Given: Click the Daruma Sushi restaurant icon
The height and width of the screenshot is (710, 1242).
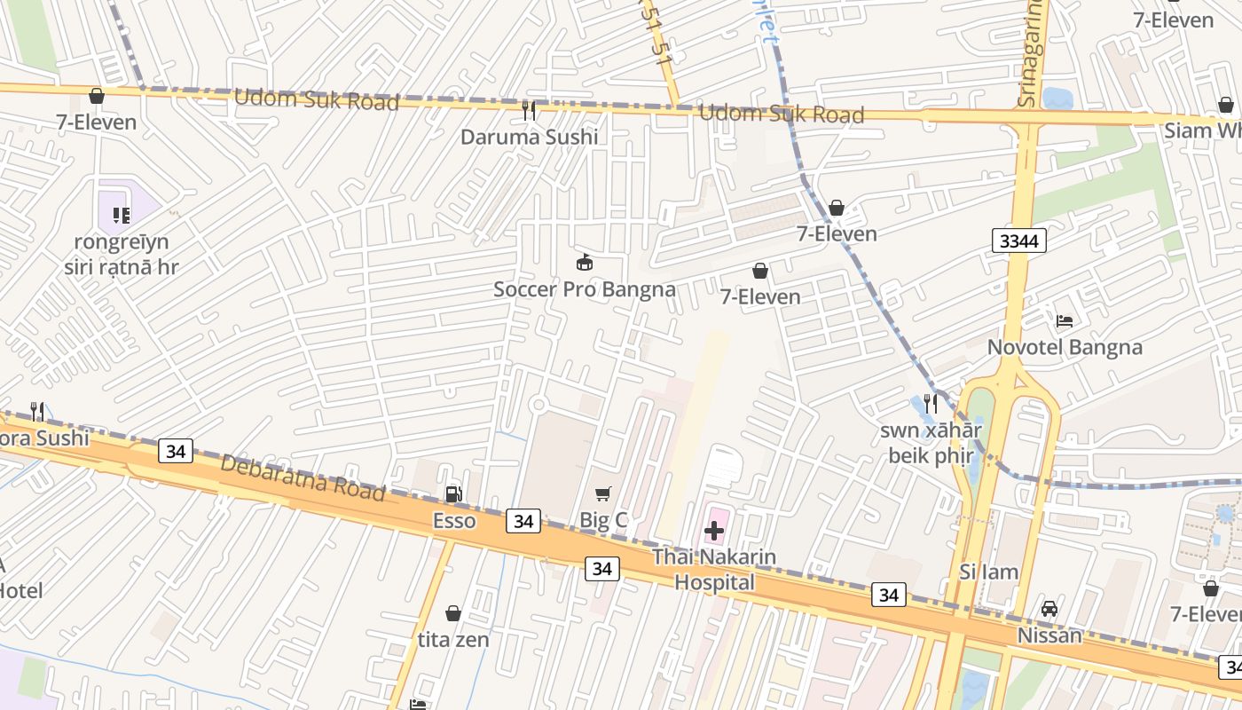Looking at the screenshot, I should click(529, 110).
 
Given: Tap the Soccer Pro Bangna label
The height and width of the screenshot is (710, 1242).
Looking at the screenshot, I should click(584, 289).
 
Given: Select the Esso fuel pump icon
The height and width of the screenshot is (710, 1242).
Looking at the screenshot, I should click(453, 494).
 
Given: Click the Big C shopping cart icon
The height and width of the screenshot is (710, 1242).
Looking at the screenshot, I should click(603, 493).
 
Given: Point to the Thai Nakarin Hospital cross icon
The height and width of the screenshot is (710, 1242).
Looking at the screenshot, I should click(714, 531).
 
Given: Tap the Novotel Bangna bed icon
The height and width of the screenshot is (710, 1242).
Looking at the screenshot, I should click(1065, 320).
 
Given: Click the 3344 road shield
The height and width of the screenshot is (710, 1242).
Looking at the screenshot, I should click(1019, 241).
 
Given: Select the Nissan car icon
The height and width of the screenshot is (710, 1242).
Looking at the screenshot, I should click(1049, 609).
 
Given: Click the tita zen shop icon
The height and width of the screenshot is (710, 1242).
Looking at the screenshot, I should click(453, 613).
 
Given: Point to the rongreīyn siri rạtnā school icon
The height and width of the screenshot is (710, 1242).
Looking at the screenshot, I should click(122, 215).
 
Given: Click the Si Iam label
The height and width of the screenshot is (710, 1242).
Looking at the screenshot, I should click(988, 572).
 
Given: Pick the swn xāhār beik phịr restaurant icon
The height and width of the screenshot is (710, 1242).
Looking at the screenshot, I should click(930, 403).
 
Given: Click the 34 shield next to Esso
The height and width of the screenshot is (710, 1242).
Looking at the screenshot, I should click(523, 521).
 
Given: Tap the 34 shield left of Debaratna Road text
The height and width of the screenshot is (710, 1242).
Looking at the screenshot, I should click(176, 452).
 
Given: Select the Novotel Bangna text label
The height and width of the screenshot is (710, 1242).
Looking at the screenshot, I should click(1065, 347).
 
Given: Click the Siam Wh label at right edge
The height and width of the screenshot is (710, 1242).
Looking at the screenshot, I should click(1203, 130).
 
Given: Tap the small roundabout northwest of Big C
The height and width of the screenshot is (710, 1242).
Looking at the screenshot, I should click(538, 405).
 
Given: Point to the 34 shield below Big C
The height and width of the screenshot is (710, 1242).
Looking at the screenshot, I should click(601, 569).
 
